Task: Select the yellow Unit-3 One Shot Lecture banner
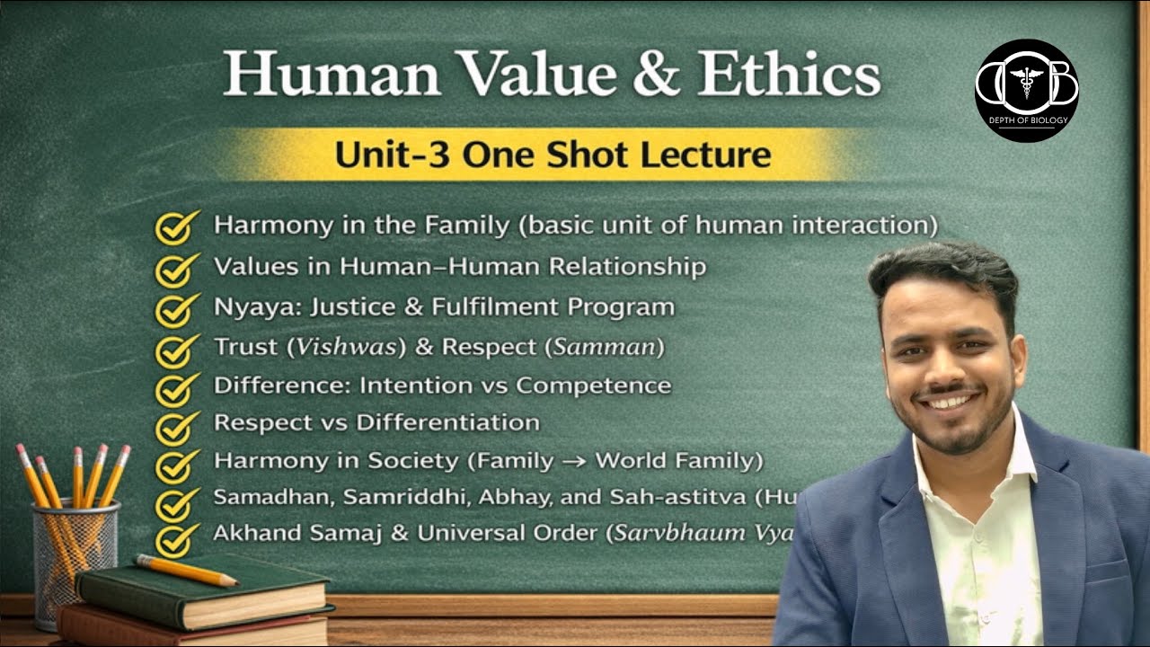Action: [552, 154]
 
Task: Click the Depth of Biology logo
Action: [1027, 90]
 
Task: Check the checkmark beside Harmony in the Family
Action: [177, 227]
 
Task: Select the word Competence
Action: [593, 386]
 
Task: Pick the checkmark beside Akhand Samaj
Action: [177, 539]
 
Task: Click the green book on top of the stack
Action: [207, 598]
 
